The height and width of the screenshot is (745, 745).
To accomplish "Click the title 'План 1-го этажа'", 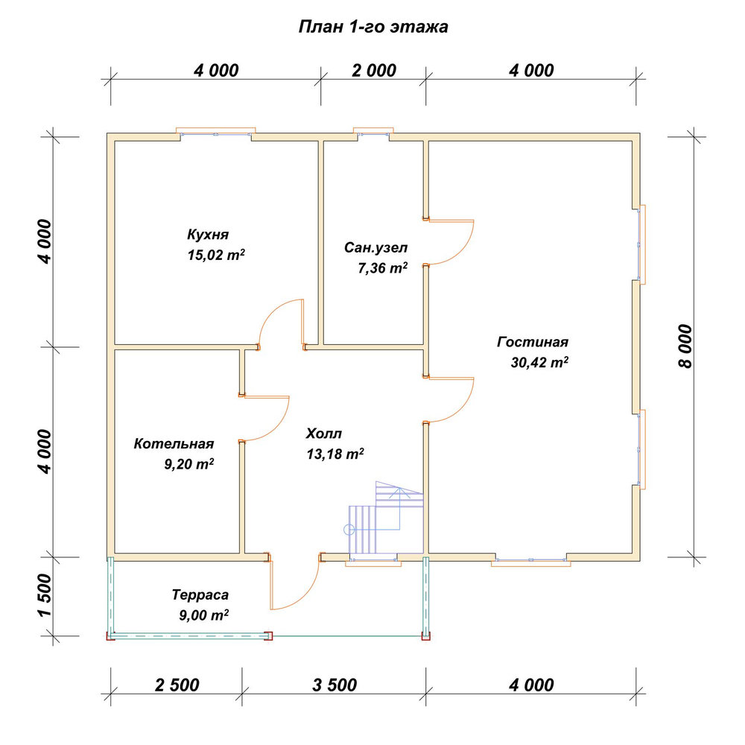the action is point(373,27).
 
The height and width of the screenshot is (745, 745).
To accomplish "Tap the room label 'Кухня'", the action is point(208,234).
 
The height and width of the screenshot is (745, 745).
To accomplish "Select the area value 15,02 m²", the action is point(216,255).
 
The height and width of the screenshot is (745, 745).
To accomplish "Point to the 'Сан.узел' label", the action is point(375,247).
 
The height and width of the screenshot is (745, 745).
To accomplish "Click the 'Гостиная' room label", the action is point(533,342).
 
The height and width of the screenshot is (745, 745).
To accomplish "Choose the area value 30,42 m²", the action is point(539,362).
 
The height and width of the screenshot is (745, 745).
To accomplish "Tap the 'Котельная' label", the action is point(174,444).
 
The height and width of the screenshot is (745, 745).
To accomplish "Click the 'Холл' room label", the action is point(324,434).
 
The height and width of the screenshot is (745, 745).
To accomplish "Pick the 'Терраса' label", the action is point(200,595).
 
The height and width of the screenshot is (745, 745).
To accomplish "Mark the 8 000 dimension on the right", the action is point(685,346).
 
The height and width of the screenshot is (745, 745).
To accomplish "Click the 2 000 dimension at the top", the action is point(374,71).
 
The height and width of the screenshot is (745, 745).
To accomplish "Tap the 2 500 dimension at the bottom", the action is point(177,685).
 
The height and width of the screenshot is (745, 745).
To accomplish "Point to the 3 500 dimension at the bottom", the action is point(335,685).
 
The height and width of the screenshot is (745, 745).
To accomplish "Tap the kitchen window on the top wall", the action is point(216,133).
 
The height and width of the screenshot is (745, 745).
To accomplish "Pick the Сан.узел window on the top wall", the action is point(373,133).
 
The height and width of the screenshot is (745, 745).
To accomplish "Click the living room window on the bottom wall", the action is point(530,561).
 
